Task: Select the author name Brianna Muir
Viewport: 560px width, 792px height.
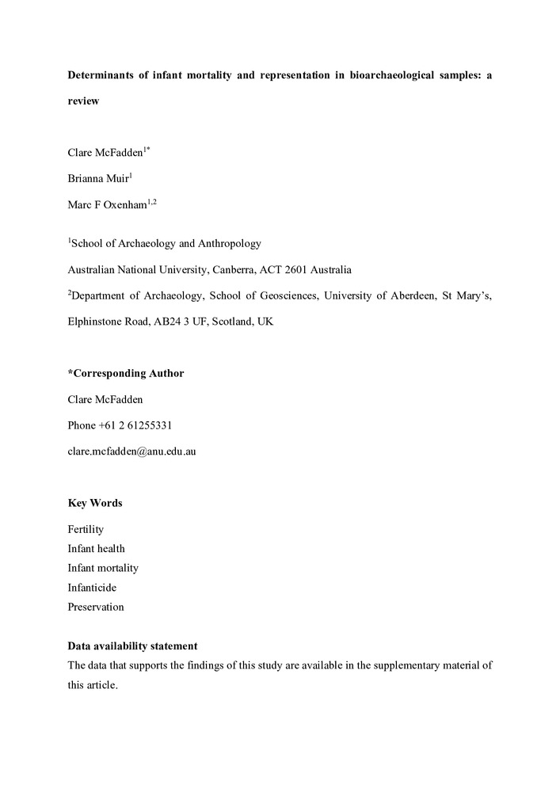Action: pyautogui.click(x=97, y=179)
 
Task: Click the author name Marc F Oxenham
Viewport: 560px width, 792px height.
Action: pyautogui.click(x=107, y=206)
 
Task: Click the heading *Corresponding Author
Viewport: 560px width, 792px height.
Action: pyautogui.click(x=125, y=374)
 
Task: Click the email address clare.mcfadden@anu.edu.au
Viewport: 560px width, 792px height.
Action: pyautogui.click(x=131, y=451)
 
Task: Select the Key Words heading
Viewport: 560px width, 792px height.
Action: pyautogui.click(x=95, y=503)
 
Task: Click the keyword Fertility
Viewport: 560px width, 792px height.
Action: pyautogui.click(x=86, y=529)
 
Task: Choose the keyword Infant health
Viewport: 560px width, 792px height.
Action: pyautogui.click(x=96, y=548)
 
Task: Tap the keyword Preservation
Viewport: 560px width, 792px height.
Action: pyautogui.click(x=96, y=607)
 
